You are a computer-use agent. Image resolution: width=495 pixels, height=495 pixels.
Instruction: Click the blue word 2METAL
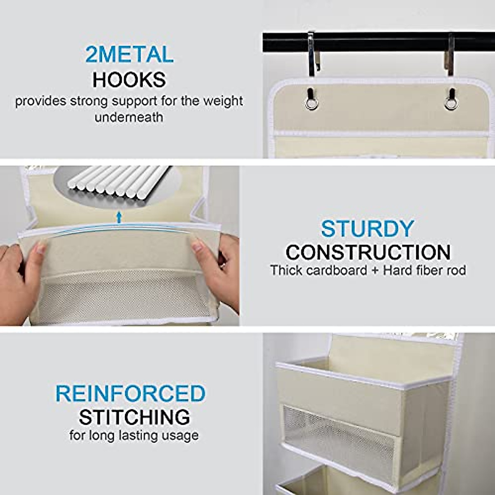[129, 55]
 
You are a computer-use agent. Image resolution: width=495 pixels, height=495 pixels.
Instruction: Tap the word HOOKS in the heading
[129, 80]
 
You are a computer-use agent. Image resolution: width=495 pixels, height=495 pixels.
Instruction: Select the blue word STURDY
[367, 229]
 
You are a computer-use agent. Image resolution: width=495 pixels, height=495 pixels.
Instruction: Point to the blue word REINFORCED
[130, 394]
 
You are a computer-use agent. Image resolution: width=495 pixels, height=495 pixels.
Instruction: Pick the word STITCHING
[134, 417]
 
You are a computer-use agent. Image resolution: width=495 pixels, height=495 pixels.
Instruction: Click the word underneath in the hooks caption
[129, 117]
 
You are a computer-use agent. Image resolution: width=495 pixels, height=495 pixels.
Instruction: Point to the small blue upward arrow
[119, 217]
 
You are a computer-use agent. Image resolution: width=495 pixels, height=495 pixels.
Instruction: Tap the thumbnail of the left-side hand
[40, 248]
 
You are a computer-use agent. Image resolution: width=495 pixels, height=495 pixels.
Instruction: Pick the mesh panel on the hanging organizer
[338, 437]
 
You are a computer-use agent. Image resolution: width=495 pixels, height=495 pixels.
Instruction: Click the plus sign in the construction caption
[375, 271]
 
